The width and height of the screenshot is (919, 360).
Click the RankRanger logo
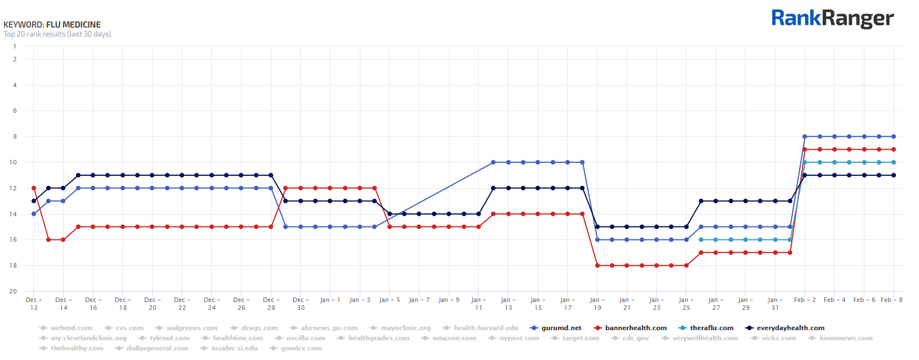coord(832,19)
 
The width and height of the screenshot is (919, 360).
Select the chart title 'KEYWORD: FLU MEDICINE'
coord(52,25)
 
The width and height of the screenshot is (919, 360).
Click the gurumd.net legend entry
coord(561,328)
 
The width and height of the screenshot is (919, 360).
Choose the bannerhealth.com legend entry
coord(635,328)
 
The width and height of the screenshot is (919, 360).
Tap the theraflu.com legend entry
coord(711,328)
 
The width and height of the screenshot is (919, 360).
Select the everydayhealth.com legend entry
coord(790,328)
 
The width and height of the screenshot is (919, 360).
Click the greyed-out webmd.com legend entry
coord(70,328)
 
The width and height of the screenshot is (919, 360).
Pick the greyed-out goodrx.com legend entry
coord(301,348)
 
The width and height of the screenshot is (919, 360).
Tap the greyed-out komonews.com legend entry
coord(845,338)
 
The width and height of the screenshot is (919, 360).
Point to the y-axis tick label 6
coord(15,111)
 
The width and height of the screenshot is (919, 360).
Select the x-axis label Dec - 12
coord(34,304)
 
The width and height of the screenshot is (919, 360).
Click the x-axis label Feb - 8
coord(891,300)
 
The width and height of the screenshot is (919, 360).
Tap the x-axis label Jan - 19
coord(597,304)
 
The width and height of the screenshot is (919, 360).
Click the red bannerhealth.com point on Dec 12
coord(34,188)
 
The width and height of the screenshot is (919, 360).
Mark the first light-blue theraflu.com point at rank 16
coord(701,239)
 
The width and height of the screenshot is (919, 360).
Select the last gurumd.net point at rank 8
coord(894,136)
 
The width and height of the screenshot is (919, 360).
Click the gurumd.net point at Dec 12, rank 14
coord(34,214)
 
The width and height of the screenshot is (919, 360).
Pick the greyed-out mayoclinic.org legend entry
coord(405,328)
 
